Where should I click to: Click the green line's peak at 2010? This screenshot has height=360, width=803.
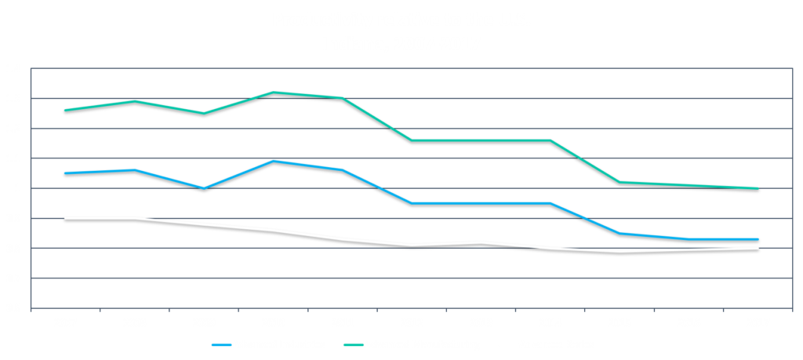click(x=272, y=93)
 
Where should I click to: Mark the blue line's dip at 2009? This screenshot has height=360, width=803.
click(x=203, y=188)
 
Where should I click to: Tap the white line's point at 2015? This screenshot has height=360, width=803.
click(x=620, y=251)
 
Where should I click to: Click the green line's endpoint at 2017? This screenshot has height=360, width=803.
click(x=758, y=188)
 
